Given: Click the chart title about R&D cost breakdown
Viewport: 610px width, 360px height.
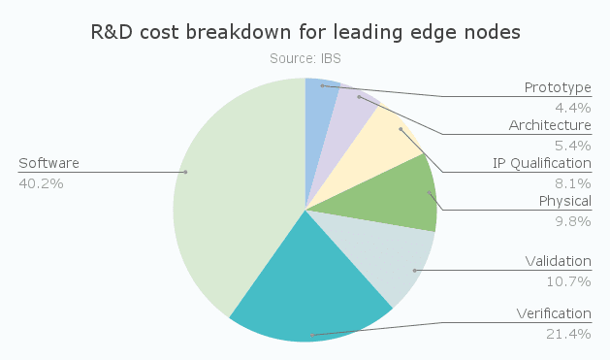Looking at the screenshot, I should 305,32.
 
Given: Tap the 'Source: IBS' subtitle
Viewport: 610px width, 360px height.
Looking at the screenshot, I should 305,58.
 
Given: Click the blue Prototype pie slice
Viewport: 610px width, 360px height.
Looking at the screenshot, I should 321,97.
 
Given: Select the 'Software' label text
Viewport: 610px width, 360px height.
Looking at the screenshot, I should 48,163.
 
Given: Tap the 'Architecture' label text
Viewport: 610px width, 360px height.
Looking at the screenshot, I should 549,125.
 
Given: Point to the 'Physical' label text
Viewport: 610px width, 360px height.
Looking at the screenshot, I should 564,201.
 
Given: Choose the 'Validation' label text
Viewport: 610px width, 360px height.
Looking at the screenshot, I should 558,261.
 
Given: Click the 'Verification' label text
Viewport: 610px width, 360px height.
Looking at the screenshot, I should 554,313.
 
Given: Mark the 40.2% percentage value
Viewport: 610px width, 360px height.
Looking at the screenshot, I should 41,182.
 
